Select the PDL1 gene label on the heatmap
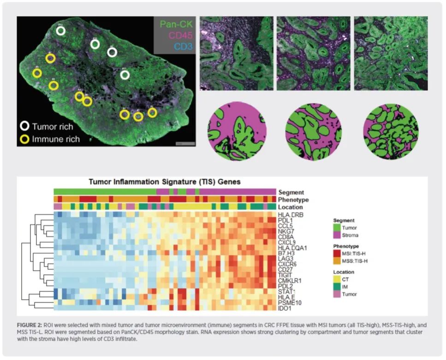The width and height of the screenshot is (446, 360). pos(285,221)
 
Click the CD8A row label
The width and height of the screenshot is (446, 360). pos(286,237)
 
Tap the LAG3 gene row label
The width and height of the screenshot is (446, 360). pos(285,259)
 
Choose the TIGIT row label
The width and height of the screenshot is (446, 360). pos(285,275)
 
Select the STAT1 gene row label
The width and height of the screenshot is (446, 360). pos(286,291)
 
